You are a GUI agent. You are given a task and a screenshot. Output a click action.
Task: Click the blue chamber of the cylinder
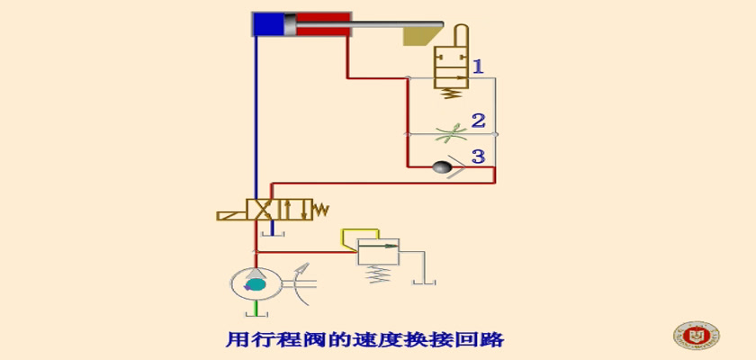(268, 24)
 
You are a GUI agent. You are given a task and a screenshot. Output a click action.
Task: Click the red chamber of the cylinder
(322, 24)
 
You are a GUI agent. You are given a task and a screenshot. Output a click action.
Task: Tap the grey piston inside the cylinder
(290, 24)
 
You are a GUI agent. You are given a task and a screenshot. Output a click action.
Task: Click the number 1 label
(477, 66)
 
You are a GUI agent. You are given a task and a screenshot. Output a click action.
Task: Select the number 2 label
(478, 121)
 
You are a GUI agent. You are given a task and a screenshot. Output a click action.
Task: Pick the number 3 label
(478, 156)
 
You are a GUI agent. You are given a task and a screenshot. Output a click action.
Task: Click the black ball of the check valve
(442, 166)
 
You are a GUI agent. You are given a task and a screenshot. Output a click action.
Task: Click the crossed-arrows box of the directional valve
(262, 210)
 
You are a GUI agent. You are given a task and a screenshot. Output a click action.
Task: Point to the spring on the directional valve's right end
(320, 209)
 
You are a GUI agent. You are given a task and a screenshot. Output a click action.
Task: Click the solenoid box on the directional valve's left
(231, 215)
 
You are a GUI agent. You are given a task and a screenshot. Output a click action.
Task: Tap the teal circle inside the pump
(256, 285)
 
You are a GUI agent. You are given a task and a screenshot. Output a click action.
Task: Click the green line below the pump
(256, 307)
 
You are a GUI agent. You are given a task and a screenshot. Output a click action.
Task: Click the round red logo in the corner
(697, 335)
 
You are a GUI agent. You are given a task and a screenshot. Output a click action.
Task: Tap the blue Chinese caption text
(365, 340)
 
